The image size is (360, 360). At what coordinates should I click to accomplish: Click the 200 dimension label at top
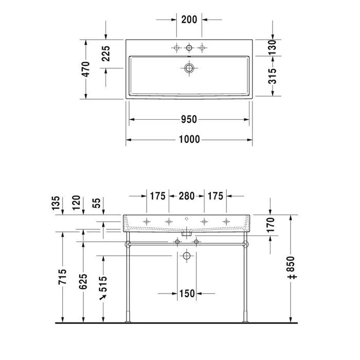pos(189,20)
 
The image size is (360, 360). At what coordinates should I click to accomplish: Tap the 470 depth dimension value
pos(86,69)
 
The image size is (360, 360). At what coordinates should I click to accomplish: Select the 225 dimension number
pos(106,53)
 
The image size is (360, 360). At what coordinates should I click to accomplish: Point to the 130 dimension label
pos(272,47)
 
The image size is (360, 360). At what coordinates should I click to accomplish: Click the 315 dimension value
pos(272,76)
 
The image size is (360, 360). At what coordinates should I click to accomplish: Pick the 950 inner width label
pos(189,119)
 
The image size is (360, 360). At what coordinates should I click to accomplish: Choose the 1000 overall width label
pos(189,139)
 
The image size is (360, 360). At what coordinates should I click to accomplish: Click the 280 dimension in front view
pos(187,196)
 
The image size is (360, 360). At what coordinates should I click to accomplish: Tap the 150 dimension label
pos(187,294)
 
